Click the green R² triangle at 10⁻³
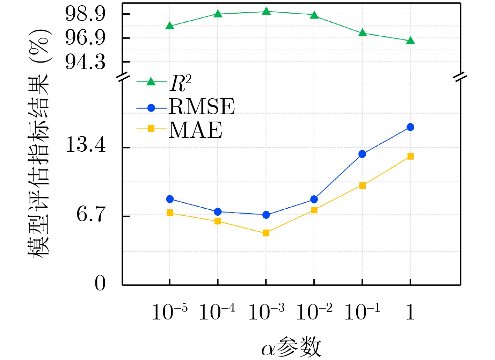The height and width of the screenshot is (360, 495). click(266, 12)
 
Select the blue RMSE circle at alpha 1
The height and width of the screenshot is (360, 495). click(410, 127)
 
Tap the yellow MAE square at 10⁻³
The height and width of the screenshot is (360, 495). click(266, 233)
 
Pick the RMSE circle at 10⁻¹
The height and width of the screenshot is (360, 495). click(362, 154)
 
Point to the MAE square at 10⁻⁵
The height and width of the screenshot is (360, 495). click(170, 213)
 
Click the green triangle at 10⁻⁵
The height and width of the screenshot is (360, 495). click(170, 26)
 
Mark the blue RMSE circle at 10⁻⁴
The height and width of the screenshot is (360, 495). click(218, 212)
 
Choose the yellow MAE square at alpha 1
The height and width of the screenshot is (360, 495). click(410, 156)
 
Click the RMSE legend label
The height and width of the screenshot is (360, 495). click(202, 107)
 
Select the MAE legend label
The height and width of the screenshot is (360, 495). click(196, 130)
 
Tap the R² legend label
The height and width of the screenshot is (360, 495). click(181, 83)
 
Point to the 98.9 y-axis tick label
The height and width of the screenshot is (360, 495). click(85, 14)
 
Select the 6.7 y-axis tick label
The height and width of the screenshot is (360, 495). click(91, 214)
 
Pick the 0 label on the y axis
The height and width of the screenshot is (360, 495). click(100, 283)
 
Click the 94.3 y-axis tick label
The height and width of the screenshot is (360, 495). click(85, 62)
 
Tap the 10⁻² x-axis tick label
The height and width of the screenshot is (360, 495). click(314, 312)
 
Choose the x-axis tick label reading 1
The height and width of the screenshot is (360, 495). click(410, 312)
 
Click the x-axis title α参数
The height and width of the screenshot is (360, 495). click(291, 347)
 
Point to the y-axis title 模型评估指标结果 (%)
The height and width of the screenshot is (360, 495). click(39, 143)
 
